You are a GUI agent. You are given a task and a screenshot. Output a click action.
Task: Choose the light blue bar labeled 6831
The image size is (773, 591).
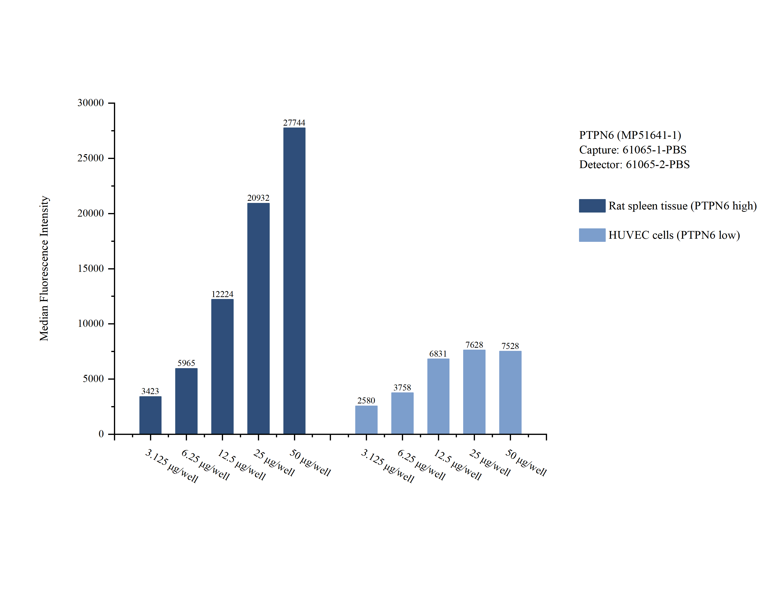(438, 396)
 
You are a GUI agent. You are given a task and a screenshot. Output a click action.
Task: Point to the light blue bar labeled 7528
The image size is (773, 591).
(510, 392)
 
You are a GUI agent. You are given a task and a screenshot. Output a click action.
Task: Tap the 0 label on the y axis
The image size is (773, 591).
(101, 434)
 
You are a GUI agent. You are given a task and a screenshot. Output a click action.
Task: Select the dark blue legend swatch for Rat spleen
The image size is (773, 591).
(592, 205)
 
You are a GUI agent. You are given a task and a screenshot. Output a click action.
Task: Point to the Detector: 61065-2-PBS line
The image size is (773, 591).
(634, 164)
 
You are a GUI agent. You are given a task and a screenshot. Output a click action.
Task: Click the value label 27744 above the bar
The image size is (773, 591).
(294, 122)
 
